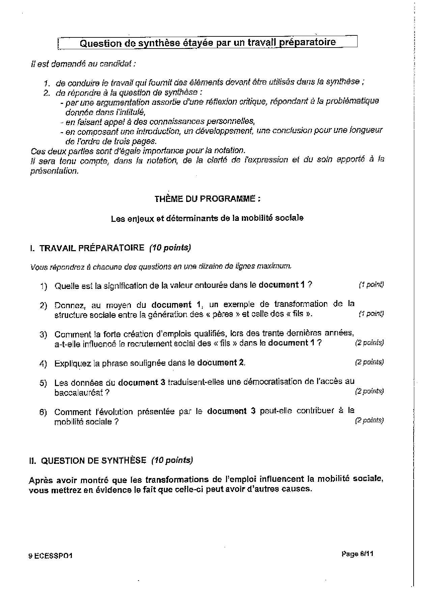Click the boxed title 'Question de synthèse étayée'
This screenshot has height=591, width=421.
(x=207, y=42)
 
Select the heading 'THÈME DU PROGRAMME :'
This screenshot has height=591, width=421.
(x=207, y=199)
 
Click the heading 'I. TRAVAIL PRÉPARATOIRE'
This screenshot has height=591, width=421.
(x=87, y=248)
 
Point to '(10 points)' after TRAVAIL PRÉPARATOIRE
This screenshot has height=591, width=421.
(x=170, y=248)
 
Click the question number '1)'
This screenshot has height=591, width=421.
(x=44, y=286)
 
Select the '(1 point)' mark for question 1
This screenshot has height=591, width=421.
(x=371, y=285)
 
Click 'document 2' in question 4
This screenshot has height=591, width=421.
(x=221, y=363)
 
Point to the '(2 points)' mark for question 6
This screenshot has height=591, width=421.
(x=369, y=420)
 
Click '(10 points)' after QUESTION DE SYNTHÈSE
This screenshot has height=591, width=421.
(x=172, y=460)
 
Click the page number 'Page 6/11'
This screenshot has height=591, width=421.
(x=358, y=554)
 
